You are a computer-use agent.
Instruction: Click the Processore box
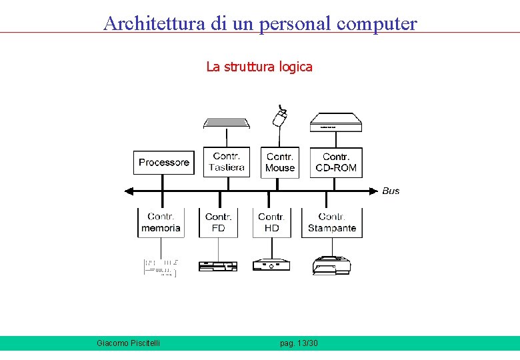click(x=164, y=163)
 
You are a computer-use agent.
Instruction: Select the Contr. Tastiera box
click(x=227, y=162)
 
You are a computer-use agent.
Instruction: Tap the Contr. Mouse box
click(x=280, y=162)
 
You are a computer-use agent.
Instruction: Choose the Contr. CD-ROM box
click(x=336, y=162)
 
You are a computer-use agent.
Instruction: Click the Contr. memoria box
click(x=161, y=223)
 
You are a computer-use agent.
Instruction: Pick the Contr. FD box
click(x=219, y=223)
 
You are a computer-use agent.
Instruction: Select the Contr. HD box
click(x=272, y=223)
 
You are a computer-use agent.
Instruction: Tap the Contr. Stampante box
click(x=332, y=223)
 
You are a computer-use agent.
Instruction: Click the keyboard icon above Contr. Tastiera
click(x=227, y=123)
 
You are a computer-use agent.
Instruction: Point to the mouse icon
click(x=281, y=117)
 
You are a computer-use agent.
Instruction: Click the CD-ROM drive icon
click(x=336, y=123)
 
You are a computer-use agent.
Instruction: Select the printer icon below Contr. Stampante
click(x=331, y=265)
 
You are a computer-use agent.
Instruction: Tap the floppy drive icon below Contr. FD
click(x=218, y=265)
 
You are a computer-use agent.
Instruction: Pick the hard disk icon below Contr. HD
click(x=271, y=265)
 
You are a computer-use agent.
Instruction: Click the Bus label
click(x=391, y=191)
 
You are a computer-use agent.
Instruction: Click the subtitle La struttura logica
click(x=259, y=67)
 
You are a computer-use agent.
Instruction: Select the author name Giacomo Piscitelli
click(x=128, y=343)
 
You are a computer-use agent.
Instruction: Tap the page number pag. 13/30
click(x=299, y=343)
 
